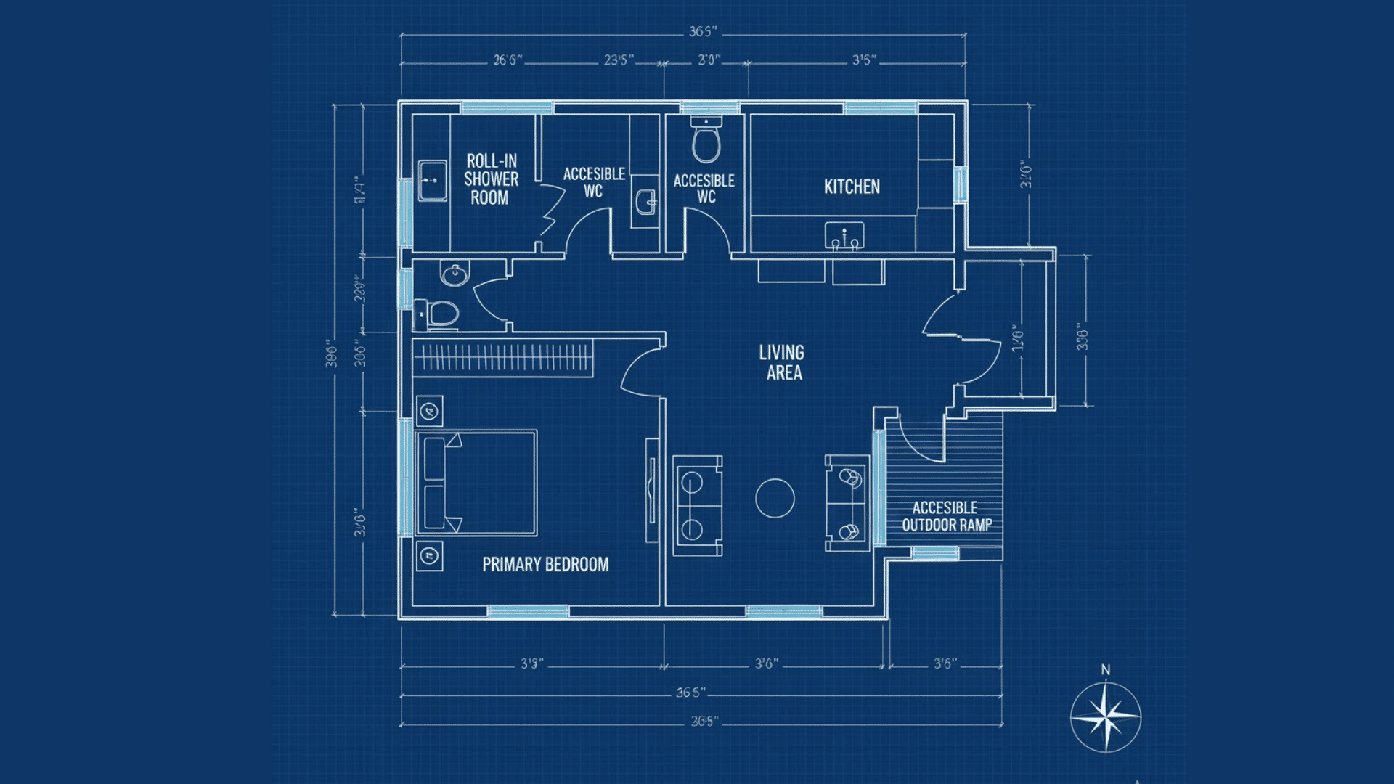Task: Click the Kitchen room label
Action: [x=852, y=187]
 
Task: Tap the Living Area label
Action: [x=782, y=363]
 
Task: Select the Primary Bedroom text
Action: [x=545, y=565]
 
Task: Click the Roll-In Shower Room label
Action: [x=492, y=179]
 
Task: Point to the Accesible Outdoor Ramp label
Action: [x=946, y=517]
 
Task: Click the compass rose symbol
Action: [x=1105, y=718]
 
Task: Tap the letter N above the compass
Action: [x=1105, y=670]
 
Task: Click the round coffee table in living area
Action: [x=775, y=499]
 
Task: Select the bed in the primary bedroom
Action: [x=476, y=483]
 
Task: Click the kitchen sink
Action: [x=844, y=236]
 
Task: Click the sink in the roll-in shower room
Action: [x=433, y=181]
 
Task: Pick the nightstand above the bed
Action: [x=429, y=412]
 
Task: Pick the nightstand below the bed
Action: [x=429, y=557]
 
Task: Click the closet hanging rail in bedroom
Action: [x=504, y=357]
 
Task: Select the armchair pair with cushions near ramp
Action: [x=848, y=504]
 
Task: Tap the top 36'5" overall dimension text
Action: [x=703, y=32]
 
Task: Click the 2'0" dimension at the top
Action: [x=709, y=60]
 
